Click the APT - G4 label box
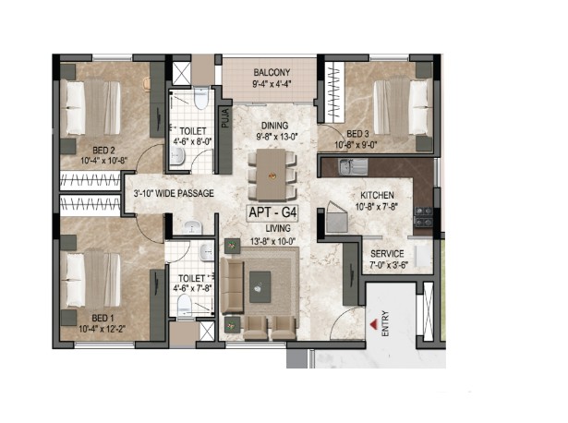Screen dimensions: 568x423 click(x=272, y=212)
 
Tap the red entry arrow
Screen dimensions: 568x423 click(x=373, y=324)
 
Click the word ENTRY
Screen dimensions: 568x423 click(x=385, y=323)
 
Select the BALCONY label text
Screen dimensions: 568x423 click(x=272, y=72)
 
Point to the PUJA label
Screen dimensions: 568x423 click(x=225, y=117)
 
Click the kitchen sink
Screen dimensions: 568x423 click(x=353, y=166)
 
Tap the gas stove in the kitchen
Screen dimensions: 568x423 click(x=423, y=216)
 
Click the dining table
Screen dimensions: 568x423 click(x=272, y=175)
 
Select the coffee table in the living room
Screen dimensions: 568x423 click(x=260, y=287)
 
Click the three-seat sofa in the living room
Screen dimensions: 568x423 click(x=232, y=285)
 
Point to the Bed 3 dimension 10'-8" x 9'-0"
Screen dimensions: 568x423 click(x=356, y=145)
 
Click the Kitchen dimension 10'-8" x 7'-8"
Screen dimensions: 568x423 click(x=377, y=207)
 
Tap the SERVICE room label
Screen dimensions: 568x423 click(x=387, y=253)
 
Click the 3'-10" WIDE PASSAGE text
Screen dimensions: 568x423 click(x=174, y=193)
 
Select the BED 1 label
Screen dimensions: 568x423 click(x=103, y=319)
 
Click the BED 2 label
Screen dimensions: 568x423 click(x=103, y=150)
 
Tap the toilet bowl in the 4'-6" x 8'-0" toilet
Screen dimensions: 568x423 click(x=201, y=98)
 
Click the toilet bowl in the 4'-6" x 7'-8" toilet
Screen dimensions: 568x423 click(x=185, y=306)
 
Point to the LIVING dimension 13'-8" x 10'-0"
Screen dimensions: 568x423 click(x=273, y=241)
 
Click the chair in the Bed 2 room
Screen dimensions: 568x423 click(x=146, y=83)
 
